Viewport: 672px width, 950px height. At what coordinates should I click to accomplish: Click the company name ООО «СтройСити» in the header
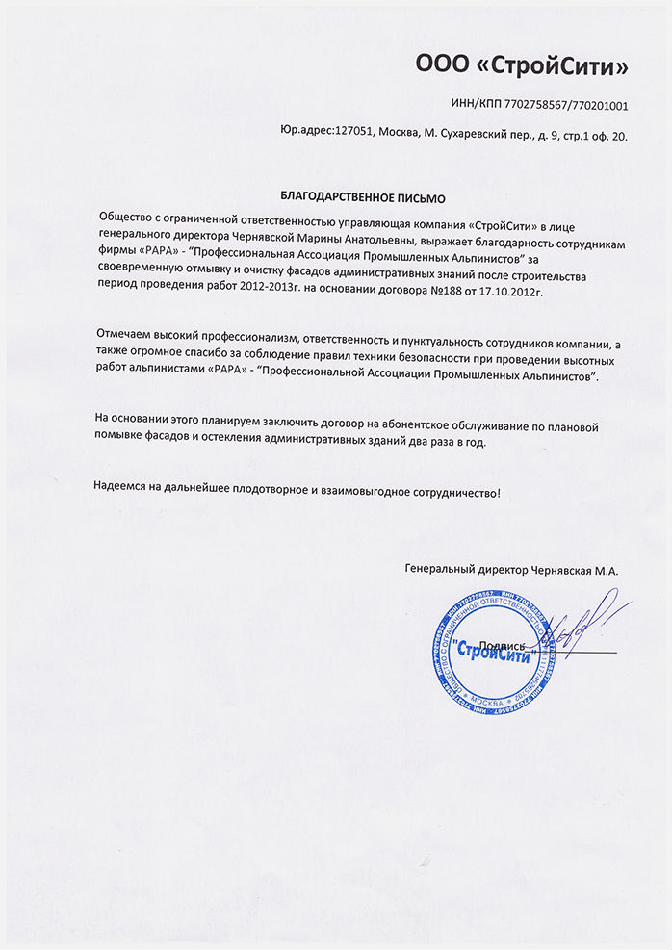521,66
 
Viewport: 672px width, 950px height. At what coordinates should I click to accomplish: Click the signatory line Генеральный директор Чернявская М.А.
511,570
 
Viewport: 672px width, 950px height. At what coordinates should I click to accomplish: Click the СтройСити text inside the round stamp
492,653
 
